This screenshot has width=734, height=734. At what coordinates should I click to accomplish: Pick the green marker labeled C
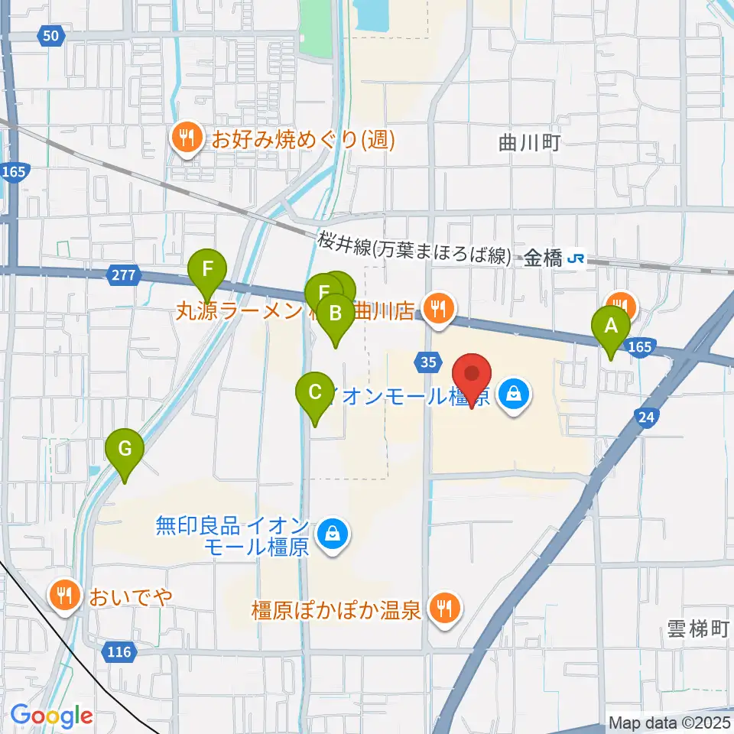[314, 395]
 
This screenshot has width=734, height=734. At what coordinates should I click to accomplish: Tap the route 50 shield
[50, 35]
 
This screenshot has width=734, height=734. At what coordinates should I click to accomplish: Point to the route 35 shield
[428, 361]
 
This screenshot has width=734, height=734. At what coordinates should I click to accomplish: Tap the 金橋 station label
[544, 259]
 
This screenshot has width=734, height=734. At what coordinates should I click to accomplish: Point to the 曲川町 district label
[530, 141]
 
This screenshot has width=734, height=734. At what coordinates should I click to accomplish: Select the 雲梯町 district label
[693, 629]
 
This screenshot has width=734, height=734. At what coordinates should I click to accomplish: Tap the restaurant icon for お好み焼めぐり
[186, 138]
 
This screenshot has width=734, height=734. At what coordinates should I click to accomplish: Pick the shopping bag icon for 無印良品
[333, 533]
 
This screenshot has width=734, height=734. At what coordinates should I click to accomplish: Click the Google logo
[52, 716]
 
